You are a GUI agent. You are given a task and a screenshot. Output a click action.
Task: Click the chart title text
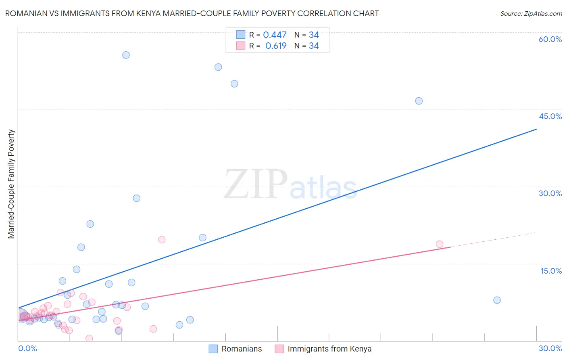pyautogui.click(x=192, y=14)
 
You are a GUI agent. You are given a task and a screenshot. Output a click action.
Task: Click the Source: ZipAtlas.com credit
pyautogui.click(x=531, y=14)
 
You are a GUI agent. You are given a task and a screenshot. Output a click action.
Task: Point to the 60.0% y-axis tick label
pyautogui.click(x=550, y=39)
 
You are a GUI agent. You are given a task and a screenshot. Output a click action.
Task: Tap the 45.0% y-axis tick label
pyautogui.click(x=550, y=116)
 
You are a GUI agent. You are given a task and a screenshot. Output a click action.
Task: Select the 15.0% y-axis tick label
pyautogui.click(x=551, y=271)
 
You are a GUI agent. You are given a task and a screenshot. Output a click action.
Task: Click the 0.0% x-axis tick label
pyautogui.click(x=27, y=348)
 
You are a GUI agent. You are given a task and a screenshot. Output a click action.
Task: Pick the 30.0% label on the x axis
pyautogui.click(x=550, y=348)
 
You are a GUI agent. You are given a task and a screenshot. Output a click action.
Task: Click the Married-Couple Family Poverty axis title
pyautogui.click(x=11, y=184)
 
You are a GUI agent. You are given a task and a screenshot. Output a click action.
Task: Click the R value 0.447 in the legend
pyautogui.click(x=275, y=35)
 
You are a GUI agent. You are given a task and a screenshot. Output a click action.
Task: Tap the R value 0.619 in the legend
pyautogui.click(x=276, y=46)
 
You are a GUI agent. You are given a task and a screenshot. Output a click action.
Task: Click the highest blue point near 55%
pyautogui.click(x=126, y=55)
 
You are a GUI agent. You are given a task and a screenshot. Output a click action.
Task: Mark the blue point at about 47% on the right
pyautogui.click(x=419, y=101)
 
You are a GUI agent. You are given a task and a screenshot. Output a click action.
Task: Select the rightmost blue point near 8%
pyautogui.click(x=497, y=300)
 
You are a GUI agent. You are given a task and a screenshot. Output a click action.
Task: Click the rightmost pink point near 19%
pyautogui.click(x=440, y=244)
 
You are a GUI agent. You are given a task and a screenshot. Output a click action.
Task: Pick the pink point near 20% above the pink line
pyautogui.click(x=162, y=240)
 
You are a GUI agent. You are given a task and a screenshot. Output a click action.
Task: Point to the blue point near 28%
pyautogui.click(x=137, y=198)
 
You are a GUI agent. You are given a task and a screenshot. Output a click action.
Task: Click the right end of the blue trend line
pyautogui.click(x=536, y=129)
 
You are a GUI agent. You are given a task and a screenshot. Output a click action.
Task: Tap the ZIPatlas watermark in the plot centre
pyautogui.click(x=290, y=184)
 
